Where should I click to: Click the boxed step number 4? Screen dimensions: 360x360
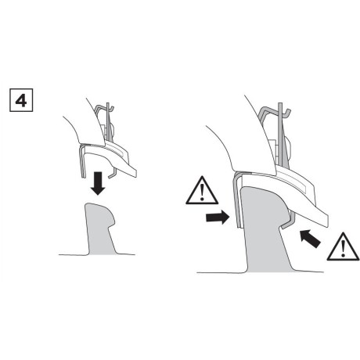[21, 100]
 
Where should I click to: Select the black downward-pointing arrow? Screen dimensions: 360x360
[98, 183]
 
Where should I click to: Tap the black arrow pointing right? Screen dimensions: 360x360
[218, 217]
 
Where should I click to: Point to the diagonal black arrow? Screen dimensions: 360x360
[310, 239]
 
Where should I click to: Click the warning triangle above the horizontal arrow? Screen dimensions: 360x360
[202, 192]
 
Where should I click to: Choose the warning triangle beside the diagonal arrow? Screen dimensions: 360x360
[343, 248]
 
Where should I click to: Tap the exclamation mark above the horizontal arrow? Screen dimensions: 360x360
[202, 193]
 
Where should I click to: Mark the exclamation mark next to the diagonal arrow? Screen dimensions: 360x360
[343, 248]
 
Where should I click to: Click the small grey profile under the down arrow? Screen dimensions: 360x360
[100, 229]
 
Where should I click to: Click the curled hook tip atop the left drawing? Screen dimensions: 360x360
[112, 109]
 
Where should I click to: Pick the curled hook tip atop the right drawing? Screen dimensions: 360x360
[289, 113]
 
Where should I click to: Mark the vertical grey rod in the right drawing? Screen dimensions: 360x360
[280, 135]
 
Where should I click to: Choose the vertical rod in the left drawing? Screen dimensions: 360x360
[108, 121]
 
